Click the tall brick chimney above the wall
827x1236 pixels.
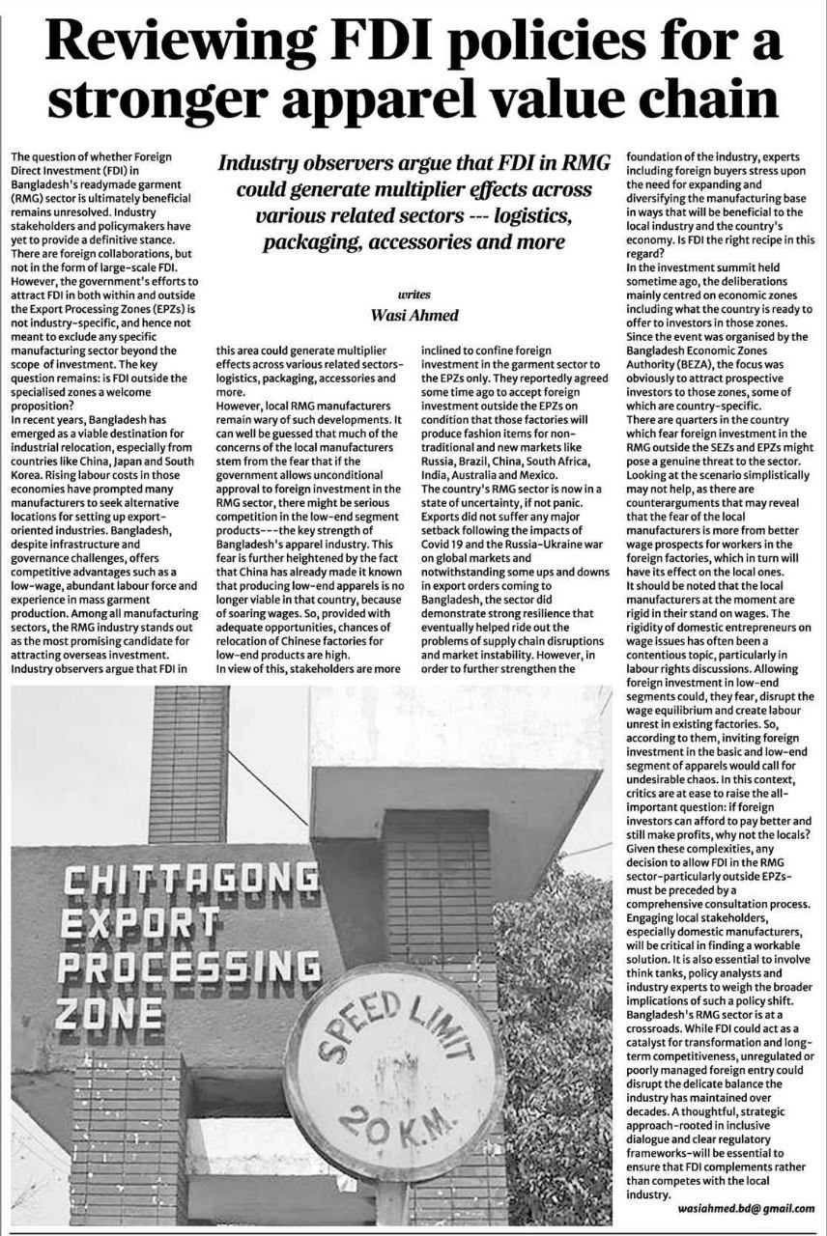tap(188, 763)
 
